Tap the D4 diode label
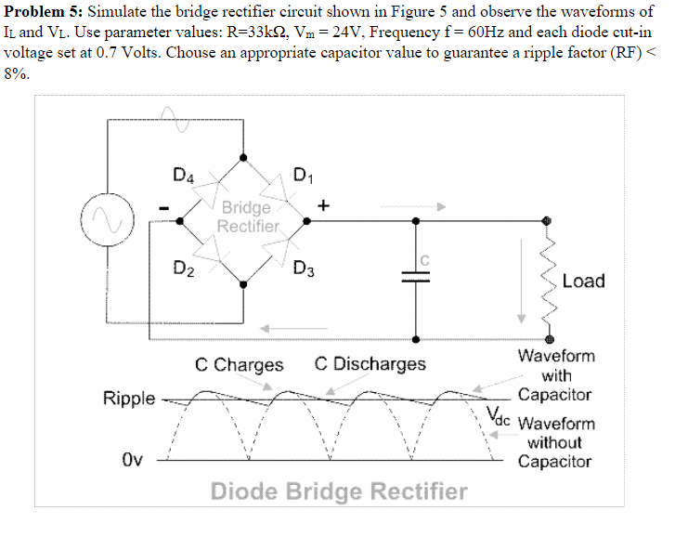[184, 173]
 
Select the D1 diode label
[303, 173]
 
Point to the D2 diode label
[184, 270]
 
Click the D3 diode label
[303, 270]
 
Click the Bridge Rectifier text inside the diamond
[246, 216]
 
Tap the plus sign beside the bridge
[324, 203]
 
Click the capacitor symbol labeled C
[415, 275]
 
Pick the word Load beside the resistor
[583, 281]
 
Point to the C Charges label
[239, 364]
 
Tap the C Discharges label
[370, 363]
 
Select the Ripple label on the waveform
[129, 399]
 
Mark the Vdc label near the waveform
[498, 415]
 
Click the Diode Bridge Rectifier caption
[339, 491]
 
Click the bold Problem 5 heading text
[42, 11]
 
